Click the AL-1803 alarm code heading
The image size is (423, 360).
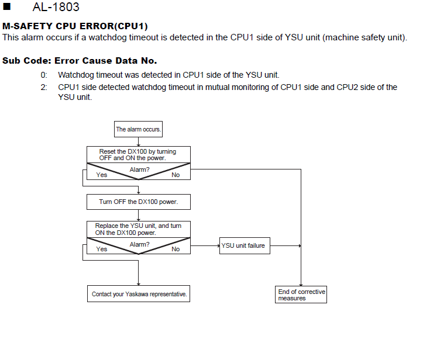(x=56, y=7)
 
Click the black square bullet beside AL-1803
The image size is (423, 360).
(x=7, y=6)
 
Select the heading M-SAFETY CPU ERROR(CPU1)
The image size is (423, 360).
(x=75, y=26)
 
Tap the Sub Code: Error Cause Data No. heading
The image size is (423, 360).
(x=80, y=61)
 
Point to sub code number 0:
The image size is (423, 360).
(x=44, y=75)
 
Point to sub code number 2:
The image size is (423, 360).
(x=44, y=87)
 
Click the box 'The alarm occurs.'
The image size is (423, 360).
(x=138, y=129)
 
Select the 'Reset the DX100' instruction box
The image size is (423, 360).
(x=139, y=155)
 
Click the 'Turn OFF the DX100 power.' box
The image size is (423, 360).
(x=139, y=202)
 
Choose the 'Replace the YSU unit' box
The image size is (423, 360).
(x=139, y=229)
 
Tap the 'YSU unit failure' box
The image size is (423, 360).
(x=245, y=246)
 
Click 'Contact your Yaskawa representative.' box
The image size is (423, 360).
(x=139, y=294)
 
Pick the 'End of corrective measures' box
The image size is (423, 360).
(x=301, y=295)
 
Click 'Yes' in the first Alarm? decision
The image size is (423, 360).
(x=102, y=175)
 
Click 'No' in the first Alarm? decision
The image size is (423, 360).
(x=176, y=175)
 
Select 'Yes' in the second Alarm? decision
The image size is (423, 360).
(x=102, y=249)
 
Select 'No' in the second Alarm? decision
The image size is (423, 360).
(x=176, y=249)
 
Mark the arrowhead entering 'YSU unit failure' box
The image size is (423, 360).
(x=218, y=246)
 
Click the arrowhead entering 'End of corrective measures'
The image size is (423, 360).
(x=301, y=285)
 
